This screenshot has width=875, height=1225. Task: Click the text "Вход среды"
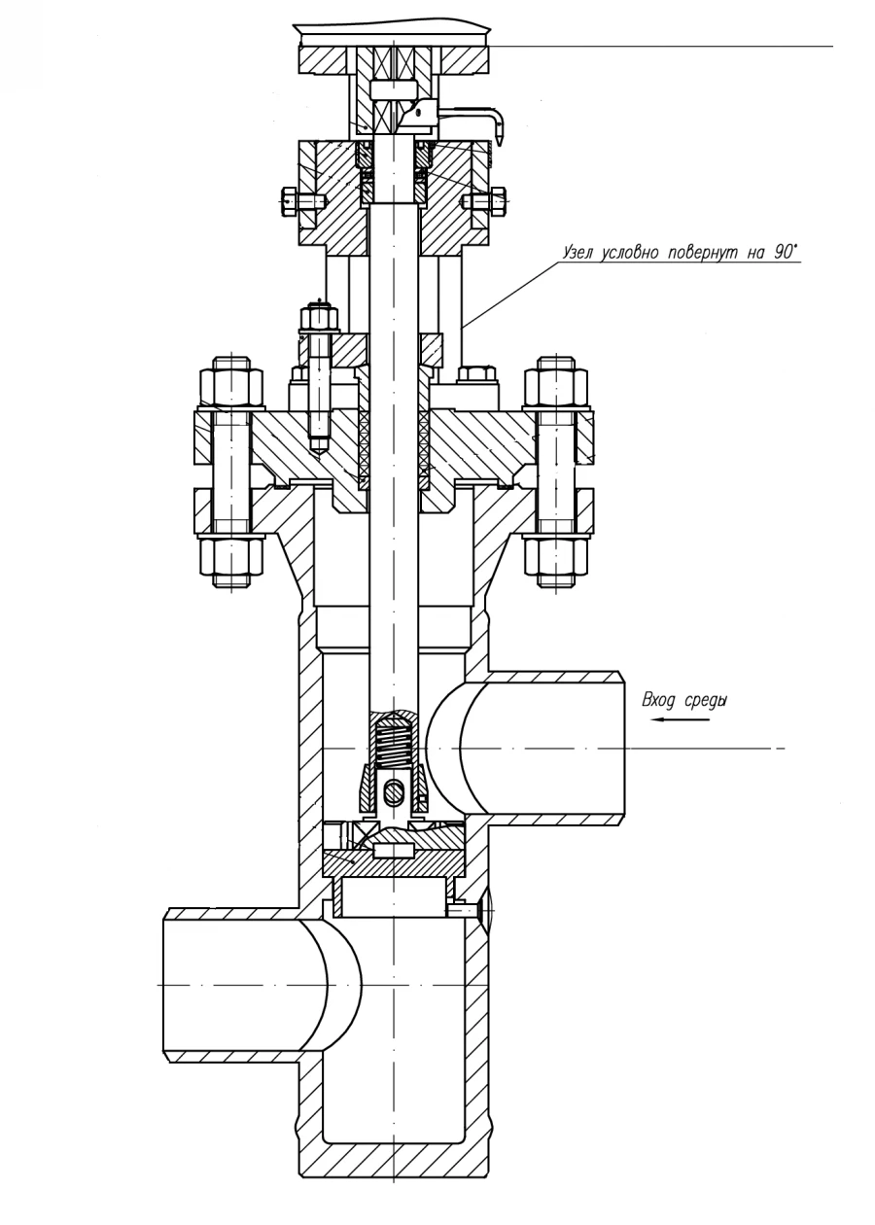point(684,700)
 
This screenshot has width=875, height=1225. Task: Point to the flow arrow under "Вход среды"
point(671,720)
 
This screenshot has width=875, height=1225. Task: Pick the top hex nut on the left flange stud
point(230,385)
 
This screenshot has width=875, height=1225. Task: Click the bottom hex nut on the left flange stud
point(230,559)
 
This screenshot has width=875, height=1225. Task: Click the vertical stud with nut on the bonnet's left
point(319,374)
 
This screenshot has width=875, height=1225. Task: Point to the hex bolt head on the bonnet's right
point(476,374)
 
